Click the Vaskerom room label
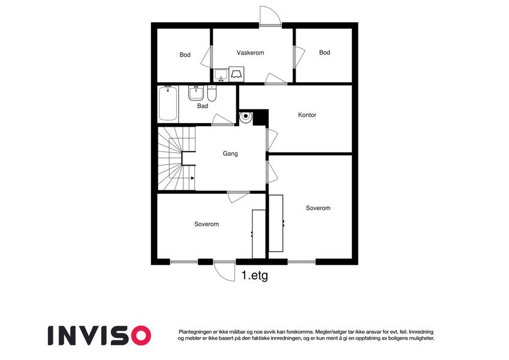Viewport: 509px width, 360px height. pyautogui.click(x=250, y=53)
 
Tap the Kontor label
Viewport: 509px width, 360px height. pyautogui.click(x=307, y=115)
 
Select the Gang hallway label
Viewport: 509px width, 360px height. pyautogui.click(x=230, y=154)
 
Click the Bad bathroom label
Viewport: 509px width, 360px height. pyautogui.click(x=203, y=106)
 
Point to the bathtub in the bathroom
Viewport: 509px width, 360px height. pyautogui.click(x=168, y=103)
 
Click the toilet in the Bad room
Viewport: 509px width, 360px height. pyautogui.click(x=212, y=94)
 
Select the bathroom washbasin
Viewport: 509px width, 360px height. pyautogui.click(x=196, y=93)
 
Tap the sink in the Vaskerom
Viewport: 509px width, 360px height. pyautogui.click(x=221, y=75)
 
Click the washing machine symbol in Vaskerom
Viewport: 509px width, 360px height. pyautogui.click(x=236, y=74)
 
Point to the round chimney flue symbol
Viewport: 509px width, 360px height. pyautogui.click(x=246, y=116)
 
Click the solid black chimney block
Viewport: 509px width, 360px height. pyautogui.click(x=261, y=117)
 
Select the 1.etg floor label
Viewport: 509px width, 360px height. pyautogui.click(x=255, y=276)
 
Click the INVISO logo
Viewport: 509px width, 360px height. pyautogui.click(x=100, y=335)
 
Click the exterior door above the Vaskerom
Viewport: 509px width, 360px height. pyautogui.click(x=270, y=16)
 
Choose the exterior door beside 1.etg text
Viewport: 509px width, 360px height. pyautogui.click(x=224, y=271)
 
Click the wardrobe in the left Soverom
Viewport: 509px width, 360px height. pyautogui.click(x=259, y=234)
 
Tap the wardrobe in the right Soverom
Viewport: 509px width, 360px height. pyautogui.click(x=276, y=223)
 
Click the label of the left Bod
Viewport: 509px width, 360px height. pyautogui.click(x=185, y=55)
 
